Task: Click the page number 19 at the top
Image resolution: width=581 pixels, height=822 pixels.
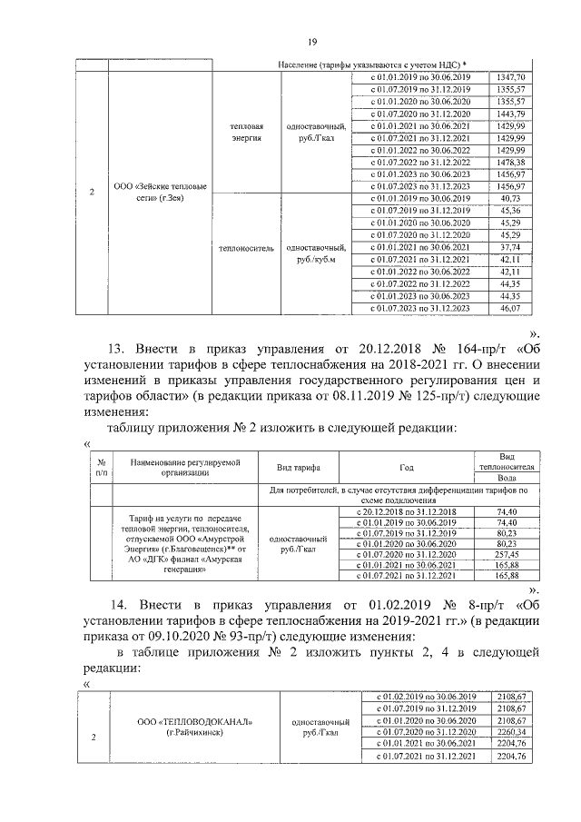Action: coord(310,42)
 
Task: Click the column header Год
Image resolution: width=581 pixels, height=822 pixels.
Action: coord(406,466)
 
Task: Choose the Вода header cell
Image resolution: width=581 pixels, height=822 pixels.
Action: coord(515,478)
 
